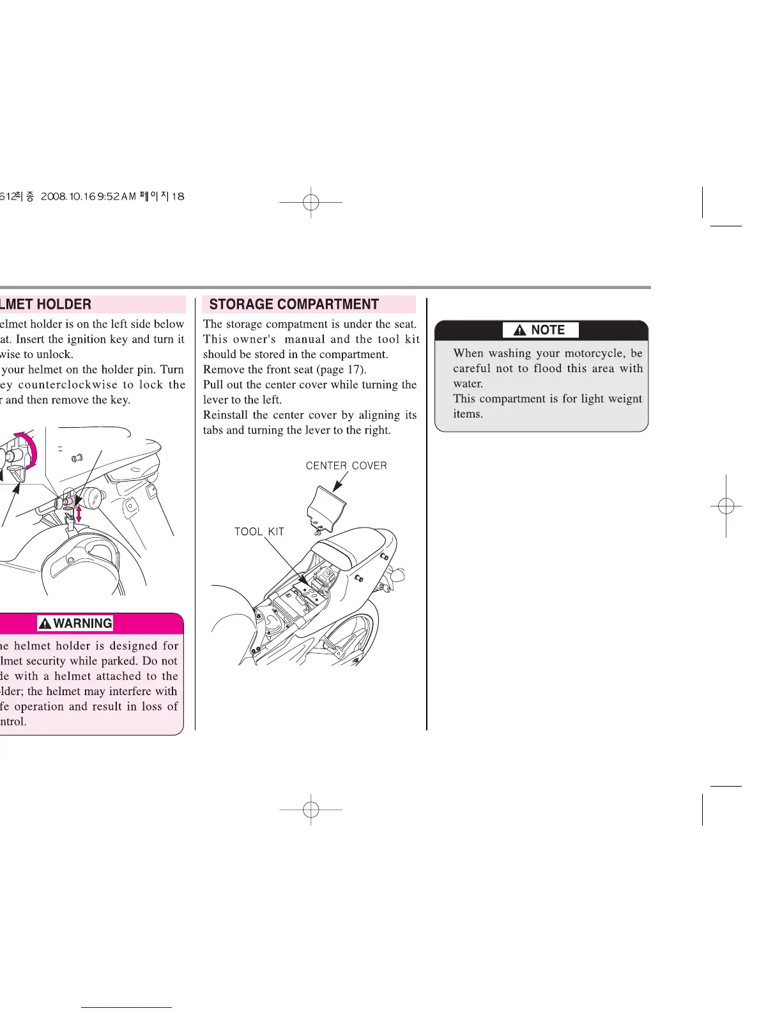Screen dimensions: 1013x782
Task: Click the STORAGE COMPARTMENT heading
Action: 294,304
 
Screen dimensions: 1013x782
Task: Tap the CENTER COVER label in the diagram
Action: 346,466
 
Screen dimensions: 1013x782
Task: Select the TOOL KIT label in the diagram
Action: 259,531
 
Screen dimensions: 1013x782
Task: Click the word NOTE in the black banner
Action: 548,330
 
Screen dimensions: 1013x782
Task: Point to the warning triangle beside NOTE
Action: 520,331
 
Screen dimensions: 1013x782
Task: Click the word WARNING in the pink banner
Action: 83,624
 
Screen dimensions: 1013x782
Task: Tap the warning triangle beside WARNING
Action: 45,624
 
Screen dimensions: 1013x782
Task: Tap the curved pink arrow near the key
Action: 28,448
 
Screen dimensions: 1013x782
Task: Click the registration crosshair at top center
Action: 311,202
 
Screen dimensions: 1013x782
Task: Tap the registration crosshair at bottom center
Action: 311,810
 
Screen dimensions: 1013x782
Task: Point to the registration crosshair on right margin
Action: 726,506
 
